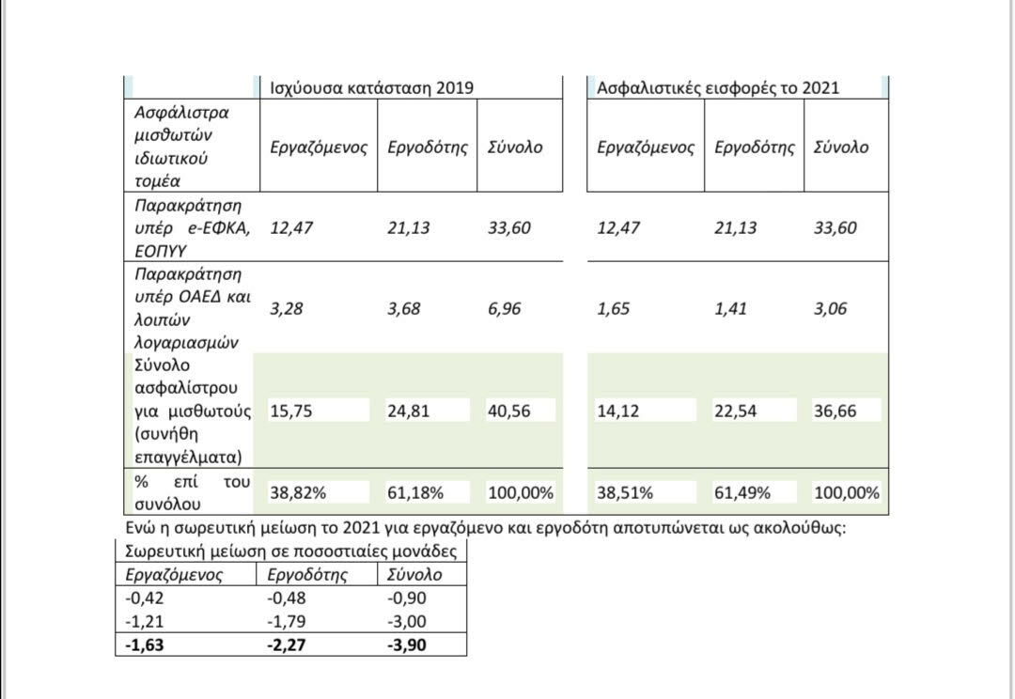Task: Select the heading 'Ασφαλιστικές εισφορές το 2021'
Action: click(x=719, y=87)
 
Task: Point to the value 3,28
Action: click(x=287, y=309)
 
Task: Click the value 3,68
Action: click(x=404, y=309)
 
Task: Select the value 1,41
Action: click(x=731, y=309)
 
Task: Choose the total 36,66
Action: click(x=835, y=411)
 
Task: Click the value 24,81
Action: click(x=408, y=411)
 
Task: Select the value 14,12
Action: click(x=618, y=411)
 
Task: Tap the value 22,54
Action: click(x=735, y=411)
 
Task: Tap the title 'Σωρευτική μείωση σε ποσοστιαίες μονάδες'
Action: click(x=291, y=551)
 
